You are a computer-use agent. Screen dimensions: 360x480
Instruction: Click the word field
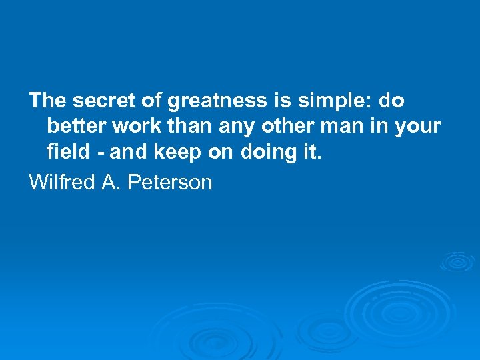tap(67, 153)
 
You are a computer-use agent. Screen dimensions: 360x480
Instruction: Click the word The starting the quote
tap(47, 101)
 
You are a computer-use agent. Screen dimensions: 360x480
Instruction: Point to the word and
tap(129, 153)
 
